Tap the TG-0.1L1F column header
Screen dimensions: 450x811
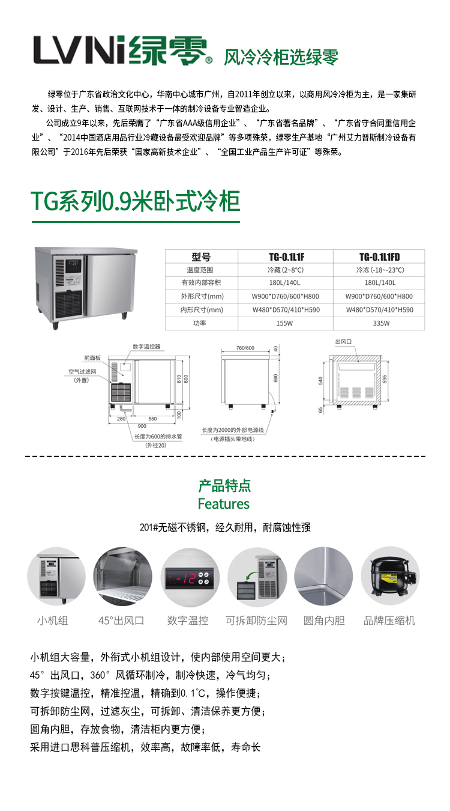point(286,257)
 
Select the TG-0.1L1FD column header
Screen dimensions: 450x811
point(379,257)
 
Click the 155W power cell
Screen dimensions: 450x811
point(284,323)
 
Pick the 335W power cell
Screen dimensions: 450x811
point(381,323)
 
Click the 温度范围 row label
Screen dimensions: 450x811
point(200,270)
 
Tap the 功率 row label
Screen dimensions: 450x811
point(200,323)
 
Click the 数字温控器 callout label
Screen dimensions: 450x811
point(146,347)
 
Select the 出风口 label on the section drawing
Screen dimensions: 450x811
point(343,341)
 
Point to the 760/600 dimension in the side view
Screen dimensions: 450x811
point(245,348)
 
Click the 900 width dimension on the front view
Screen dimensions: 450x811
point(142,426)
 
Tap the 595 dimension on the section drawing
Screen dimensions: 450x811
point(385,379)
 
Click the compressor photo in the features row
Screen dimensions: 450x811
point(391,576)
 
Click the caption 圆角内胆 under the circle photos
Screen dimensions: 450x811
point(324,621)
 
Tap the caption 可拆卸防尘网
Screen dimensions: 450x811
point(256,621)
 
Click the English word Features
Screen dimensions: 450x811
point(224,504)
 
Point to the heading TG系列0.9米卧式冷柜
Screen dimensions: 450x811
point(136,201)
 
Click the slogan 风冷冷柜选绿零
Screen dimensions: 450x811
point(281,57)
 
